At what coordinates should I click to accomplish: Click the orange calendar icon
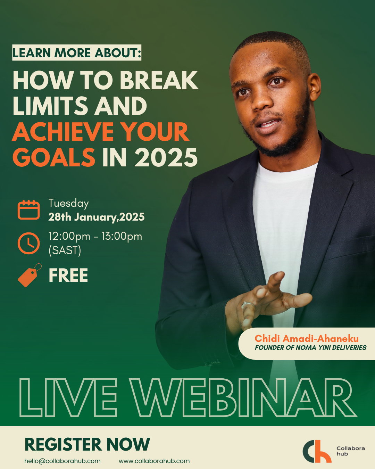coord(28,209)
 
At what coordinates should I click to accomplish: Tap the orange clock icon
coord(28,243)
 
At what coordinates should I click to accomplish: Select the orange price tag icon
coord(30,275)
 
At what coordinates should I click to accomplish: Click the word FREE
coord(68,275)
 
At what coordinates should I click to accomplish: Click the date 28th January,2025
coord(96,217)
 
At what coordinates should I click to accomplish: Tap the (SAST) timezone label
coord(65,250)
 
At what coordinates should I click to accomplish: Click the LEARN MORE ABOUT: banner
coord(77,52)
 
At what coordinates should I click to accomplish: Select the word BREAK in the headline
coord(159,80)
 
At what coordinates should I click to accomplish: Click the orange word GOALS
coord(54,157)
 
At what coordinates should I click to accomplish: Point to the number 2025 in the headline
coord(166,157)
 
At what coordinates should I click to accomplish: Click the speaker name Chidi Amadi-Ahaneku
coord(307,338)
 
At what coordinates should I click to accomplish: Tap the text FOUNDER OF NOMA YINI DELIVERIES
coord(311,347)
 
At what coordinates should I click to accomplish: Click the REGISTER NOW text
coord(87,444)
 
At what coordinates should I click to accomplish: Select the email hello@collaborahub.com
coord(62,461)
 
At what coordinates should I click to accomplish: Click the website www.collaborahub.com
coord(154,461)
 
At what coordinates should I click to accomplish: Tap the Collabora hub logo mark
coord(317,451)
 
